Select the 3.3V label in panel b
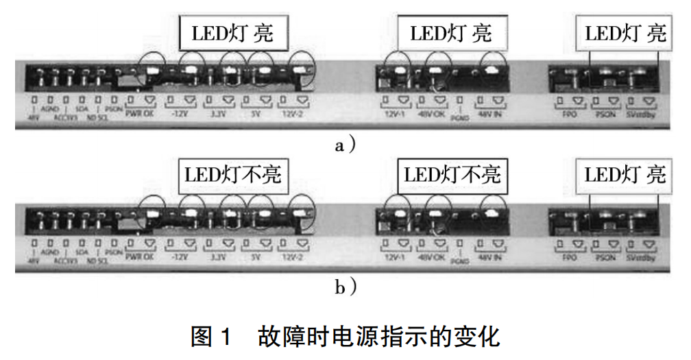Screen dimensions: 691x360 pos(218,258)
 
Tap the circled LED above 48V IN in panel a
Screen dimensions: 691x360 pos(492,69)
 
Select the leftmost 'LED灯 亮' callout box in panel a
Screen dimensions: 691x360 pos(233,33)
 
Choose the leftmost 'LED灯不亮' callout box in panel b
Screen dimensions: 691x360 pos(233,175)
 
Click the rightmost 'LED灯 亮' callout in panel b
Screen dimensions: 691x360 pos(625,175)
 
